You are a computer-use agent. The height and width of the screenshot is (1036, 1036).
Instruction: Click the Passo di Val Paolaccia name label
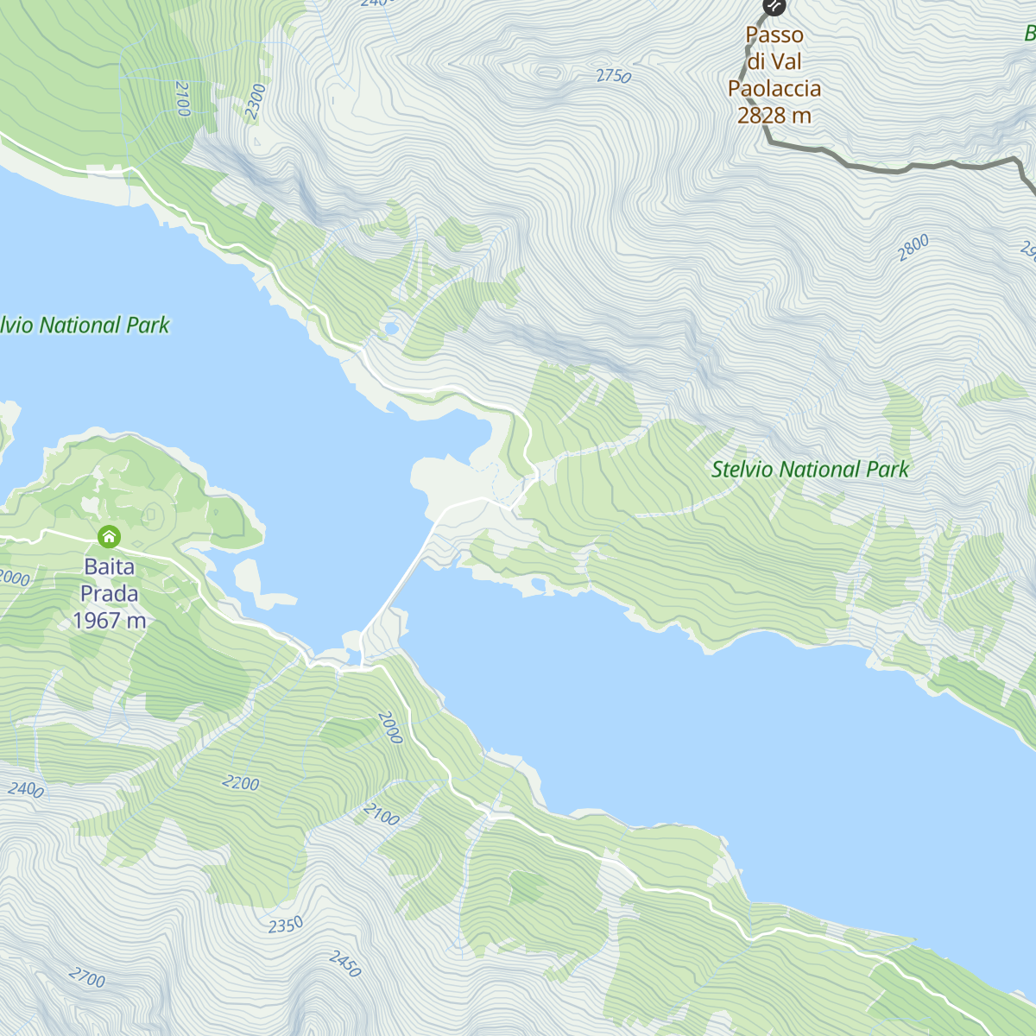tap(774, 61)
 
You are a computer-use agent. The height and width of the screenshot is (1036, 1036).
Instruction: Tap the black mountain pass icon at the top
tap(774, 7)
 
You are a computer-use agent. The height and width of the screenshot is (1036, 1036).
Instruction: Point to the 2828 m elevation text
tap(774, 116)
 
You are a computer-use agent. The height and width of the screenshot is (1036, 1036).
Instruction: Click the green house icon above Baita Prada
tap(109, 537)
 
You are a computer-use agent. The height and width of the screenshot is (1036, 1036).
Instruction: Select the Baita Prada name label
tap(110, 580)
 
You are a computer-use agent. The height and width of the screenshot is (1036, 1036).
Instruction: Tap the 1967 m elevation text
tap(110, 621)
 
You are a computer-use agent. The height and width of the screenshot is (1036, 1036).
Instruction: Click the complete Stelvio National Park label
tap(810, 470)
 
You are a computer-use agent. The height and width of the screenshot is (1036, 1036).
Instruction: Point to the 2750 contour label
tap(614, 76)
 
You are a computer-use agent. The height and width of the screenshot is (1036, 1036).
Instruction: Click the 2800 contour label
tap(913, 248)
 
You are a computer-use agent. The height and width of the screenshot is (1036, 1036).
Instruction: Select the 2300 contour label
tap(256, 101)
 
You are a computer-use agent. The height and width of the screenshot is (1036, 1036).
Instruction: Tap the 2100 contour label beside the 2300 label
tap(182, 98)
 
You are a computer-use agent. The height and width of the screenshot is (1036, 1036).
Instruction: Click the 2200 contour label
tap(240, 783)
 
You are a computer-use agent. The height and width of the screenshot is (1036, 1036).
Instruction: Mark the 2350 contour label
tap(285, 925)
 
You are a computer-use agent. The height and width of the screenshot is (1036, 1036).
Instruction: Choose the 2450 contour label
tap(344, 963)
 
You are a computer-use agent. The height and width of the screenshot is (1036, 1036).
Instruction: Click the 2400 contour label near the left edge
tap(26, 789)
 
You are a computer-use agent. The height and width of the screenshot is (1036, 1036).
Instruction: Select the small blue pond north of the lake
tap(391, 328)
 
